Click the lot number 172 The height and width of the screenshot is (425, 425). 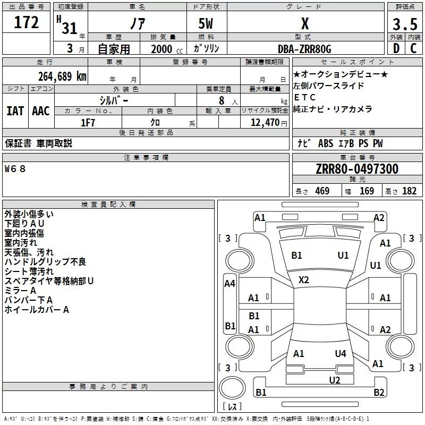tap(26, 22)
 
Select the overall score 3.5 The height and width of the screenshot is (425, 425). tap(405, 24)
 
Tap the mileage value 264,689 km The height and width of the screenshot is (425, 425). tap(62, 76)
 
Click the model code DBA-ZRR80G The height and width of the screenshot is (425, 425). tap(304, 49)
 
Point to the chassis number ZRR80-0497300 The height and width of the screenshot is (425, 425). tap(357, 169)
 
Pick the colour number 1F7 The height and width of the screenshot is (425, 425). tap(88, 123)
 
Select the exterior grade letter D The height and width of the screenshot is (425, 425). tap(396, 48)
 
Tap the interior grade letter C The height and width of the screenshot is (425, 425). tap(413, 48)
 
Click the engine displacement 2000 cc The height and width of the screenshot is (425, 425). tap(167, 49)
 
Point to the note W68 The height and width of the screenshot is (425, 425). tap(15, 169)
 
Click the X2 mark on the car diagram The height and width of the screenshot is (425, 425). tap(303, 279)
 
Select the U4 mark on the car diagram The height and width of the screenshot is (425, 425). tap(341, 353)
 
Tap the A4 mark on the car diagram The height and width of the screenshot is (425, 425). tap(229, 284)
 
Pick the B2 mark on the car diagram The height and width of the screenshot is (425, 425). tap(379, 392)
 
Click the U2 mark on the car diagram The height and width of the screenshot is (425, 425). tap(335, 380)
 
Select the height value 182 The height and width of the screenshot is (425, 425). tap(409, 191)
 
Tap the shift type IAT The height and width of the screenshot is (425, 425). tap(15, 111)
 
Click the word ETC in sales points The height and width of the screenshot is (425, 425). tap(304, 97)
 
